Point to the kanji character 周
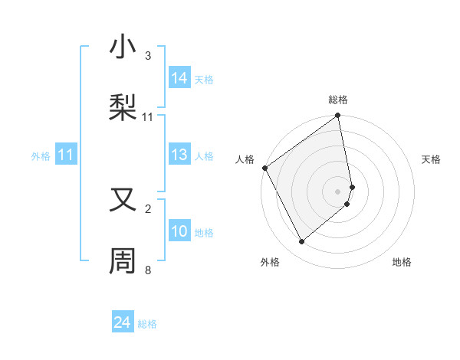click(123, 260)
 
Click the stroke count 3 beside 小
click(148, 55)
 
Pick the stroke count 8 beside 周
click(148, 270)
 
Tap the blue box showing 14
click(179, 78)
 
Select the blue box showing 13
click(179, 155)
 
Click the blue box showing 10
click(179, 231)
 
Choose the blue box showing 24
click(123, 323)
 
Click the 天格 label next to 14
click(204, 79)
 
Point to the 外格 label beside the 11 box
click(41, 155)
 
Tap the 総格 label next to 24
click(147, 324)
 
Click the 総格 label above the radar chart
click(338, 100)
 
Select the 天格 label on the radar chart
click(432, 159)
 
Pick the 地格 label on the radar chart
click(402, 262)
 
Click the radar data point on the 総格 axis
click(338, 116)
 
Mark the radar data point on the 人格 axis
click(264, 168)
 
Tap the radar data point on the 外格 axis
click(301, 242)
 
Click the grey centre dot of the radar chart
click(338, 191)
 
